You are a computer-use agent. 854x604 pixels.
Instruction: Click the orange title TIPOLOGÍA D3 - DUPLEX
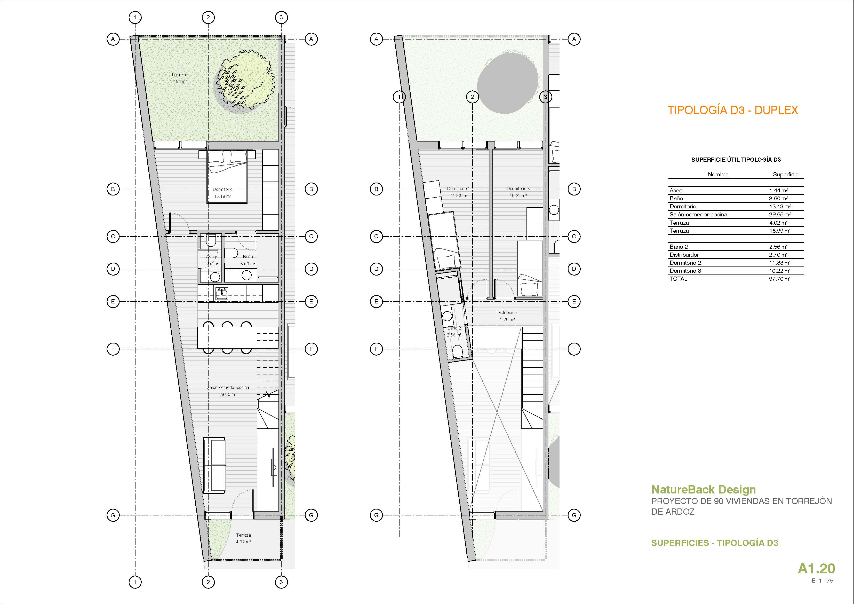tap(733, 110)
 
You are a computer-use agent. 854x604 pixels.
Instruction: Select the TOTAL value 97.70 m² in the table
tap(780, 279)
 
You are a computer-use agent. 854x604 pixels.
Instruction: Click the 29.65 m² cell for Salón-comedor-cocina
tap(780, 214)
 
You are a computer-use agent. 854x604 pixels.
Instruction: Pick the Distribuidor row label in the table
tap(684, 255)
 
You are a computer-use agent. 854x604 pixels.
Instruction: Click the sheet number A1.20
tap(816, 568)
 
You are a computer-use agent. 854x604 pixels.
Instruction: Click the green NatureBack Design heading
tap(703, 489)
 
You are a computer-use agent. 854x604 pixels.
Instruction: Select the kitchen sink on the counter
tap(222, 294)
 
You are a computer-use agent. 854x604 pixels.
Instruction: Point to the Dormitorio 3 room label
tap(518, 189)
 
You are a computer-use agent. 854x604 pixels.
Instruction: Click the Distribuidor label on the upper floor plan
tap(507, 313)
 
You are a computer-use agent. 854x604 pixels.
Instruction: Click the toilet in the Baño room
tap(231, 253)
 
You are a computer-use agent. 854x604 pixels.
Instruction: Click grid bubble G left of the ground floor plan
tap(113, 515)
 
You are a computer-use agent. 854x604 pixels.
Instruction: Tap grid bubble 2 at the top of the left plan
tap(208, 17)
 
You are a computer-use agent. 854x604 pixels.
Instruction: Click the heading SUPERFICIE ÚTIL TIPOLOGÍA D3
tap(736, 160)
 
